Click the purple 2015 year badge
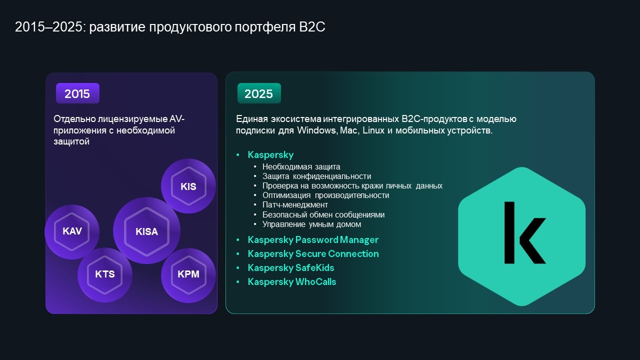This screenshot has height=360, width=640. point(77,93)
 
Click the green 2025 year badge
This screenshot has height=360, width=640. point(259,93)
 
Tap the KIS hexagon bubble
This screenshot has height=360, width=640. point(188,186)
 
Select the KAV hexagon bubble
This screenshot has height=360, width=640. point(72,231)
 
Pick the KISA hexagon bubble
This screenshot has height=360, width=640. point(146,231)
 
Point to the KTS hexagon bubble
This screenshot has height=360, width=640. point(105,274)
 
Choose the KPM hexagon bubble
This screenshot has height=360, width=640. point(188,274)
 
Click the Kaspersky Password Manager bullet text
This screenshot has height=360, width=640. point(313,239)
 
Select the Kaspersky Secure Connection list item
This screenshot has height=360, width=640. point(313,253)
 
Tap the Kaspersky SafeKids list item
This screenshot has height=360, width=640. point(291,267)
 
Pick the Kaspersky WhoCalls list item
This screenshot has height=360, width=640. point(291,281)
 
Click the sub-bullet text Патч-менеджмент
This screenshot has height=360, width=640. point(295,205)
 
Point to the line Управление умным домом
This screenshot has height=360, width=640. point(311,224)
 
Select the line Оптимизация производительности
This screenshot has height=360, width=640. point(325,195)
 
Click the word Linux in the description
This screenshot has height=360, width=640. point(373,130)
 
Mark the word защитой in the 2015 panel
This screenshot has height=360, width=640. point(71,141)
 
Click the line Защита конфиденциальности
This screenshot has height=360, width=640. point(316,176)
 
